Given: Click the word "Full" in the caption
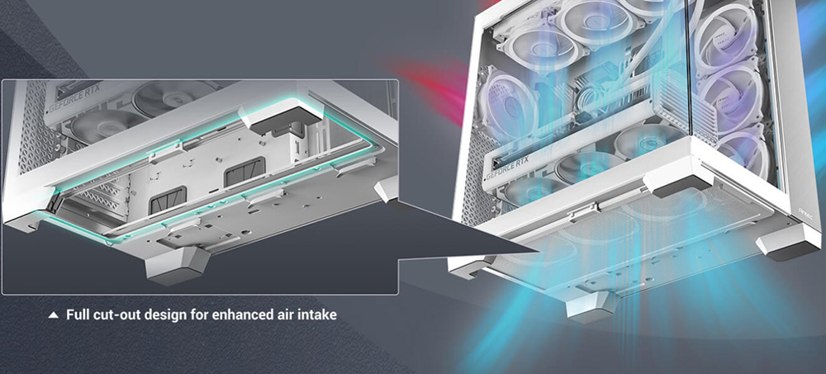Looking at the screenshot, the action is tap(77, 315).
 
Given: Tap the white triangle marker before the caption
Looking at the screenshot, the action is tap(53, 315).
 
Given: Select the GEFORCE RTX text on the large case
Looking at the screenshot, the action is tap(507, 167).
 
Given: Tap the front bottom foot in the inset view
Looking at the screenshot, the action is tap(177, 265).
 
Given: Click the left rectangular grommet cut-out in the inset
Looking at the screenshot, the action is tap(167, 201).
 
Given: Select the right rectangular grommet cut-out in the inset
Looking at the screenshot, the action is tap(244, 172).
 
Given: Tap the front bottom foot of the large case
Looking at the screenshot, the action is tap(591, 305).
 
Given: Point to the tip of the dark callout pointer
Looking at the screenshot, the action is tap(539, 253).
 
